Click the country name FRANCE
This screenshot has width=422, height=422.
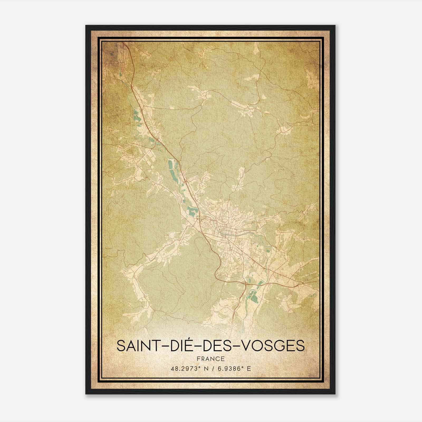(x=211, y=359)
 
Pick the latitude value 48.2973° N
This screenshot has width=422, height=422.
(x=188, y=369)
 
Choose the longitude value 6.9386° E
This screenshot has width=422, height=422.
(x=233, y=369)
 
